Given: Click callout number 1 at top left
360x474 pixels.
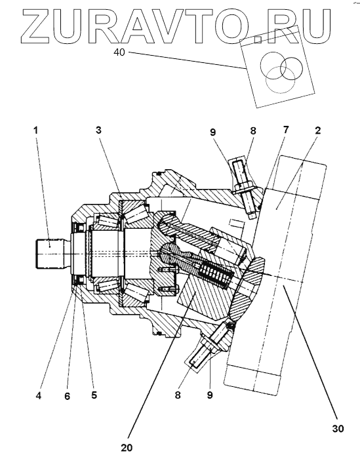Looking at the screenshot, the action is tap(36, 130).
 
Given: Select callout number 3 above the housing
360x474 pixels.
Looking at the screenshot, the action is tap(98, 130).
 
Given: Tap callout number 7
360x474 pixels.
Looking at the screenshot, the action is tap(286, 130).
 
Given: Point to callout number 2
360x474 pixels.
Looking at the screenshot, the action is tap(317, 130).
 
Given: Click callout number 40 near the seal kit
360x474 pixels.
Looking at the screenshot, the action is tap(119, 52).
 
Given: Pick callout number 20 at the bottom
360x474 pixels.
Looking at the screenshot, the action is tap(127, 448).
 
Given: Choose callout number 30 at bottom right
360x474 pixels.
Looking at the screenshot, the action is tap(338, 429).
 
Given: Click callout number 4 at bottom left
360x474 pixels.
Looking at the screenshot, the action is tap(39, 396).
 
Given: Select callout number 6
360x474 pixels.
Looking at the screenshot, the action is tap(67, 396).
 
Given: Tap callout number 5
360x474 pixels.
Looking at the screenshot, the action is tap(94, 395).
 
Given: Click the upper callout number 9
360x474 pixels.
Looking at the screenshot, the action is tap(213, 132).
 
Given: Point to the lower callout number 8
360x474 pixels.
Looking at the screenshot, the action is tap(178, 395).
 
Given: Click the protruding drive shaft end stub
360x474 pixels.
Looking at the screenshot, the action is tap(50, 253).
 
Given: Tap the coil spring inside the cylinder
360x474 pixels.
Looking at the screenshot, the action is tap(215, 275).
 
